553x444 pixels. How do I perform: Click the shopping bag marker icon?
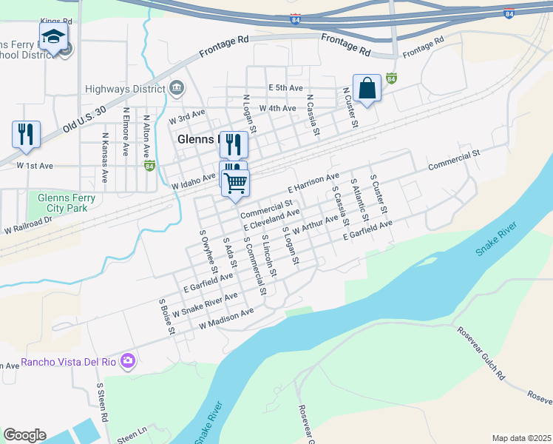pyautogui.click(x=367, y=88)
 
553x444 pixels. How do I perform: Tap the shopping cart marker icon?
pyautogui.click(x=236, y=182)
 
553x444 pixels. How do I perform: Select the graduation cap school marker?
pyautogui.click(x=53, y=37)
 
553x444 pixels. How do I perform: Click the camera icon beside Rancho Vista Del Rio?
pyautogui.click(x=129, y=361)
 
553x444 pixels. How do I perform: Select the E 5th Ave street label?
pyautogui.click(x=286, y=88)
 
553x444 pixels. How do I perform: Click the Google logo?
pyautogui.click(x=24, y=435)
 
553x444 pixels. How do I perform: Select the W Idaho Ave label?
pyautogui.click(x=194, y=181)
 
